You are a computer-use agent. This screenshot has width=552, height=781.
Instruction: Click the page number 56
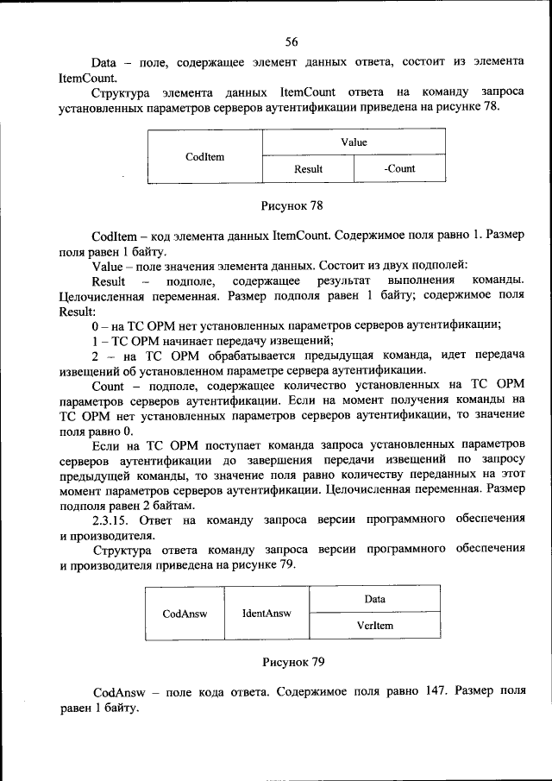click(x=291, y=41)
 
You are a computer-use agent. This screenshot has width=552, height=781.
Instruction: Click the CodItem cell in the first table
click(x=204, y=157)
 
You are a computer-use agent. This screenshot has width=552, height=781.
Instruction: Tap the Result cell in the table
click(x=308, y=169)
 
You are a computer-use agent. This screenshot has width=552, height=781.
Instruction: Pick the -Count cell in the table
click(x=399, y=169)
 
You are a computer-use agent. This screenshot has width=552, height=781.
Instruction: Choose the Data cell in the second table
click(x=374, y=599)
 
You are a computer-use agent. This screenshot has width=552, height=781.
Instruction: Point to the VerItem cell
click(x=374, y=625)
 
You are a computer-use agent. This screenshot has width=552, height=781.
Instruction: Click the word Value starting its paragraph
click(x=106, y=267)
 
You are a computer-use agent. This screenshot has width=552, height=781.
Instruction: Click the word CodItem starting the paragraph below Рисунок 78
click(x=112, y=236)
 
